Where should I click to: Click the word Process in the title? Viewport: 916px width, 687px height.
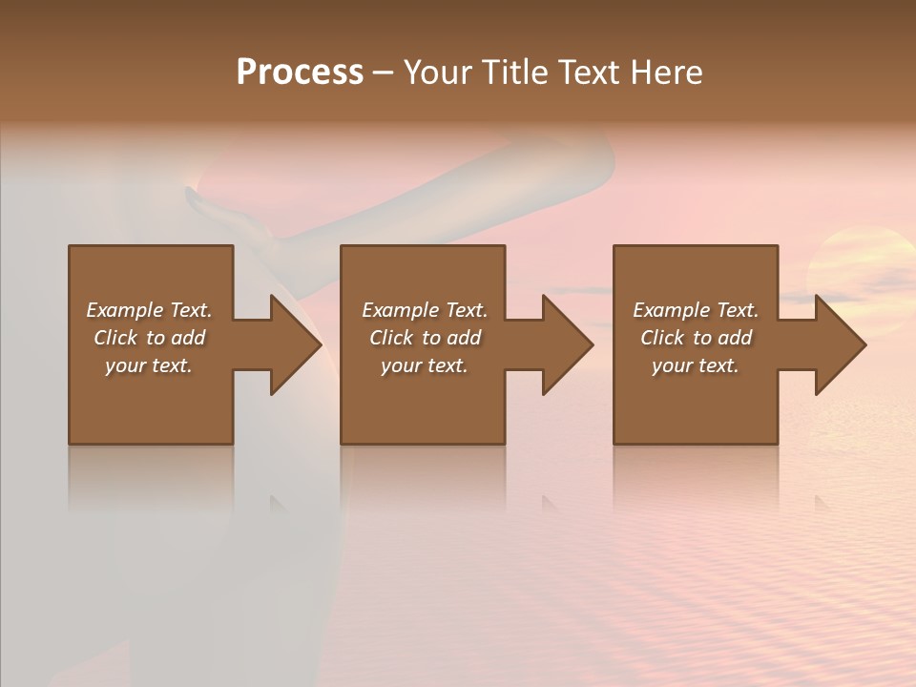pyautogui.click(x=300, y=73)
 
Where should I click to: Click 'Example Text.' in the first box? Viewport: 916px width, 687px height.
pyautogui.click(x=149, y=310)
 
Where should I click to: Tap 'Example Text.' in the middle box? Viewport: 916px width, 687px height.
pyautogui.click(x=425, y=310)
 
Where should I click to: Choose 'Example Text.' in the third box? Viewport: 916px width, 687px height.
pyautogui.click(x=696, y=310)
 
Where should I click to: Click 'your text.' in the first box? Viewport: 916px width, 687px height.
pyautogui.click(x=149, y=365)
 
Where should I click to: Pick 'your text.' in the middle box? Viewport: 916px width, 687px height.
pyautogui.click(x=425, y=365)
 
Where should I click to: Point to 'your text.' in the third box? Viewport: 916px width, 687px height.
pyautogui.click(x=696, y=365)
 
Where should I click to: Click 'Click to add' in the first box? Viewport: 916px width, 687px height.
pyautogui.click(x=149, y=338)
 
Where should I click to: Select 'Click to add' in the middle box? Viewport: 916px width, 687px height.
pyautogui.click(x=425, y=338)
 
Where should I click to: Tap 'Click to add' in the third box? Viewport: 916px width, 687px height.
pyautogui.click(x=696, y=338)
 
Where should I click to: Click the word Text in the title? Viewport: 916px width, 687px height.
pyautogui.click(x=590, y=73)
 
